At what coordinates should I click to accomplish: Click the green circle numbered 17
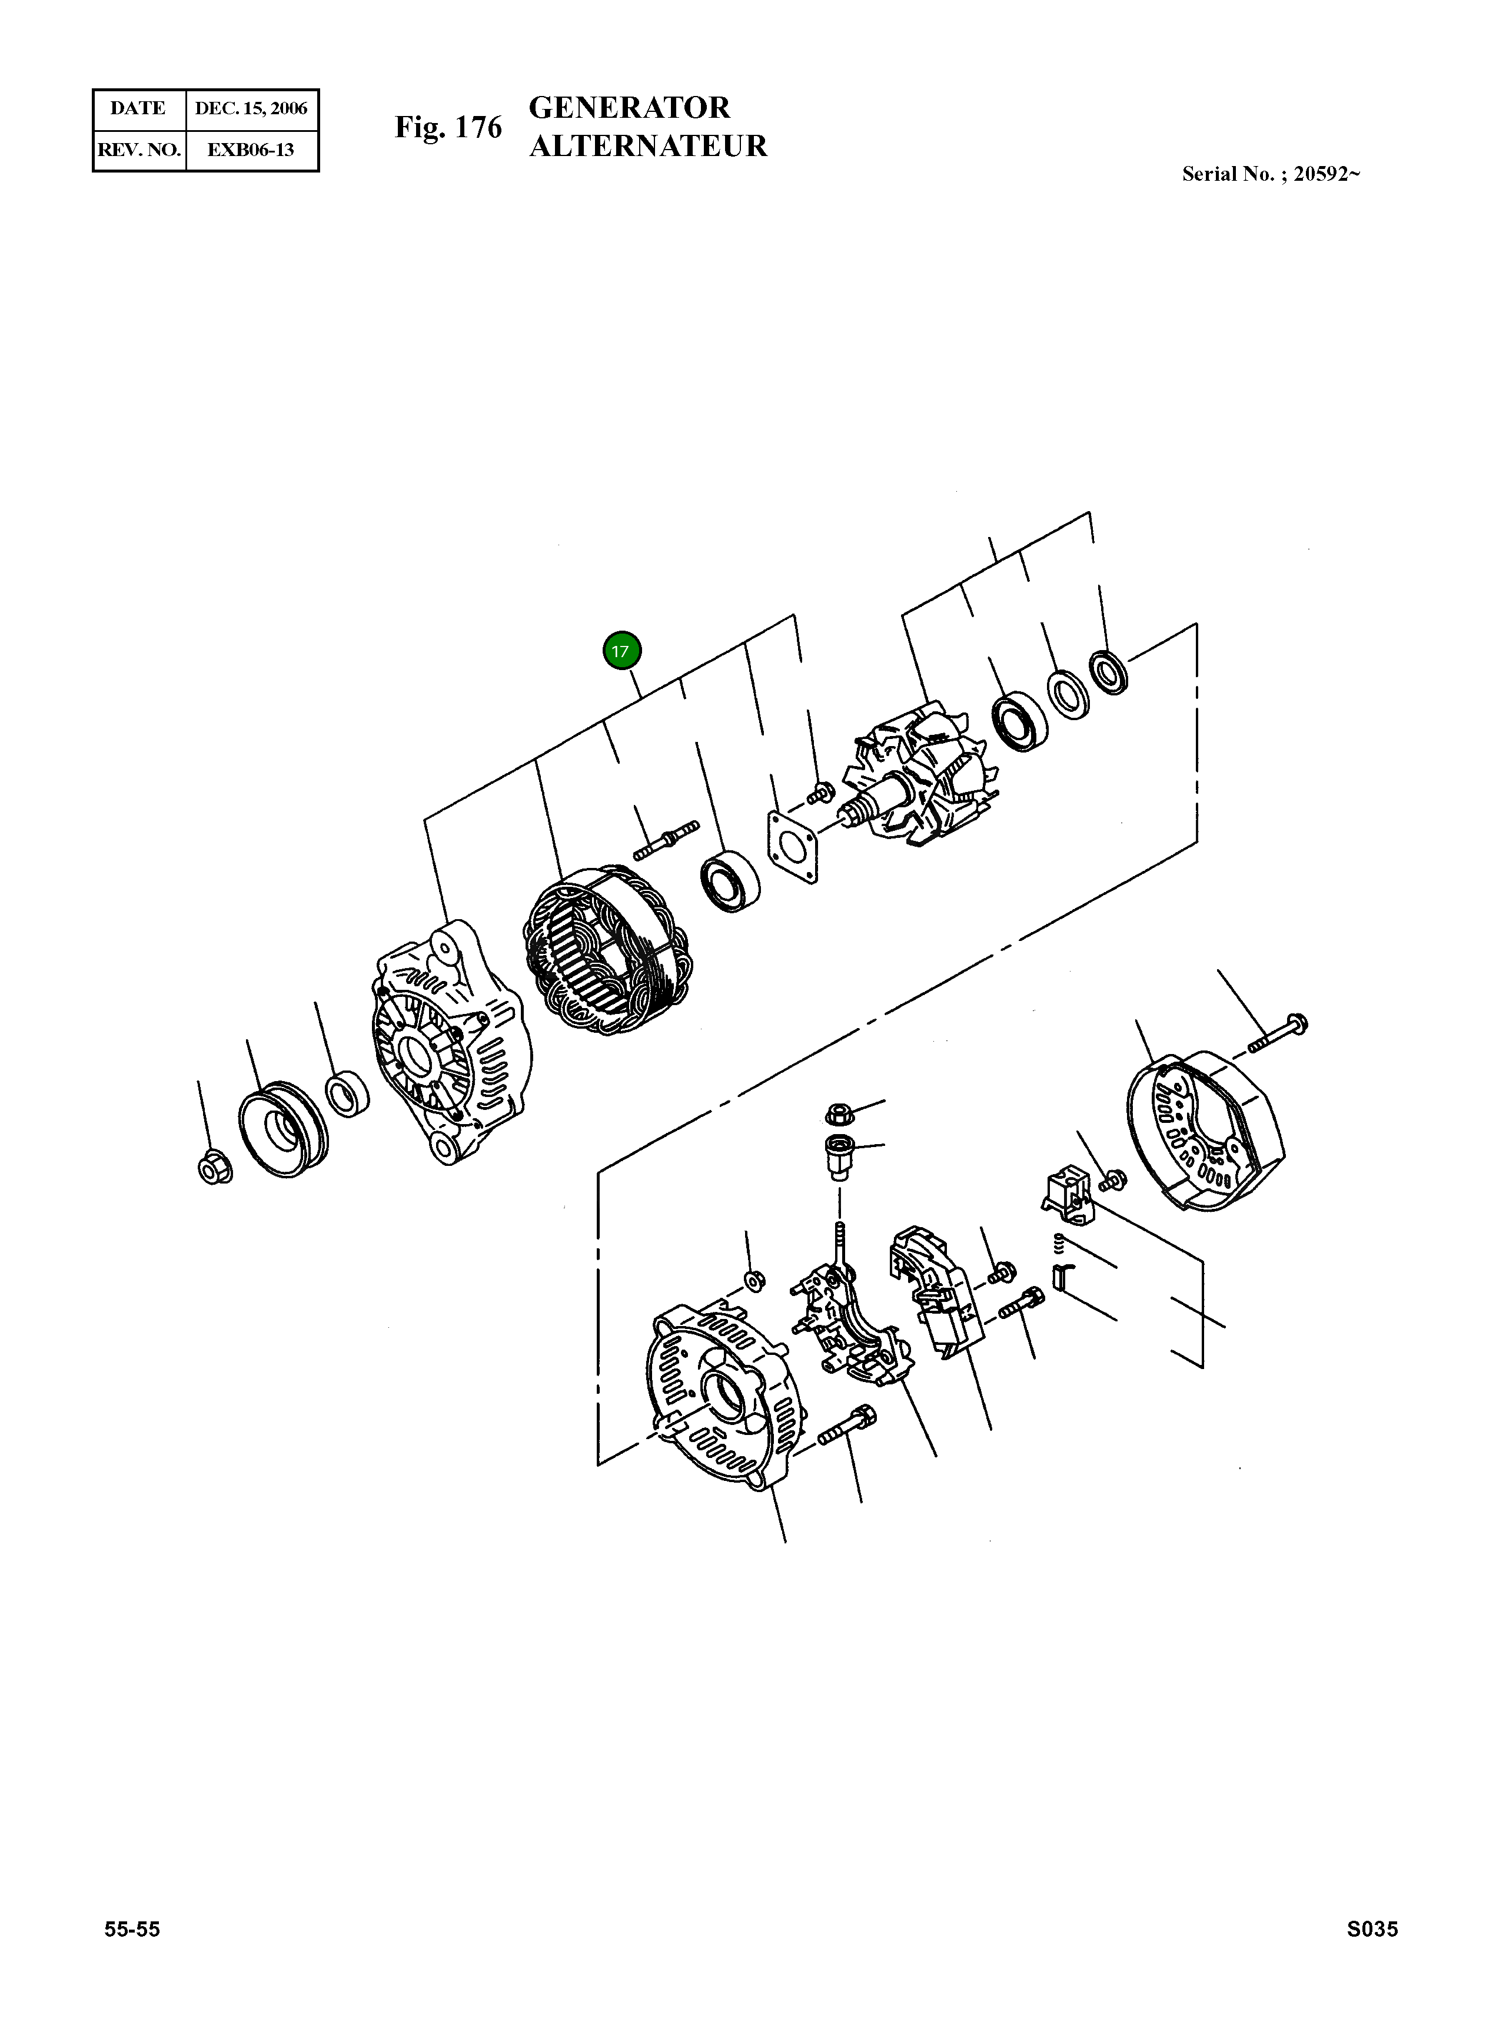[x=621, y=651]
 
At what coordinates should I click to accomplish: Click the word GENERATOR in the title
[x=630, y=108]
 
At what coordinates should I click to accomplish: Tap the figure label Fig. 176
[x=448, y=128]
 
